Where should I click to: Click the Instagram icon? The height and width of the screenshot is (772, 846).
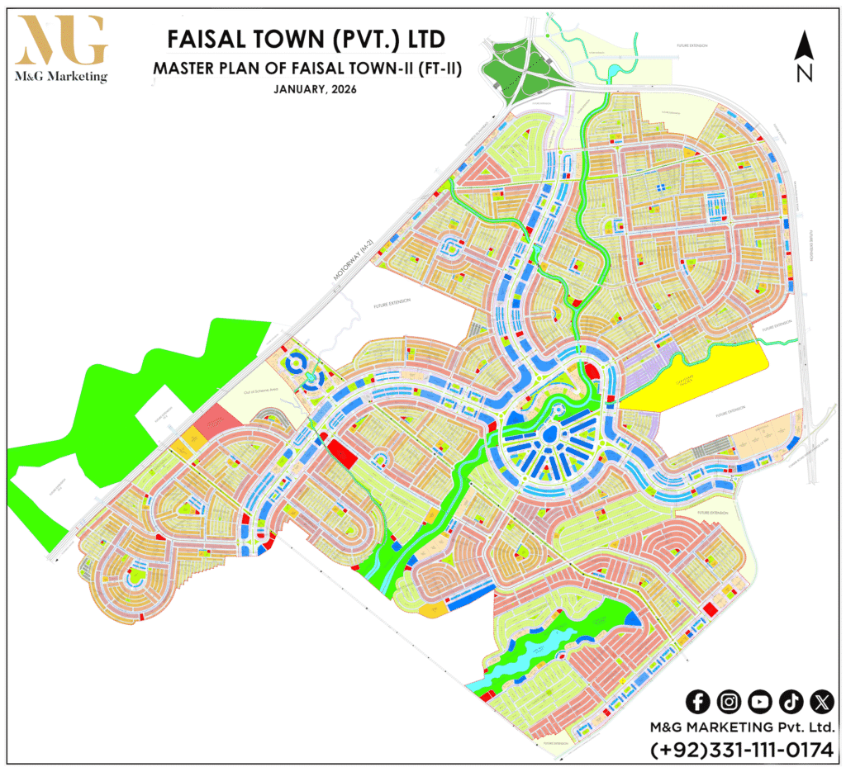729,702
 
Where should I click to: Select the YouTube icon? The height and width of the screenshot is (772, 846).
759,702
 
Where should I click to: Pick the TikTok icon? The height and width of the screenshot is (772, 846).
791,702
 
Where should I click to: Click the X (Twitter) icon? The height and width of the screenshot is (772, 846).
821,702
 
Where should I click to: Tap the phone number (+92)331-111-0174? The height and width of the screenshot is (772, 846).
742,751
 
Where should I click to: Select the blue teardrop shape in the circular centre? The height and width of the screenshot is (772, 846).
551,435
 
